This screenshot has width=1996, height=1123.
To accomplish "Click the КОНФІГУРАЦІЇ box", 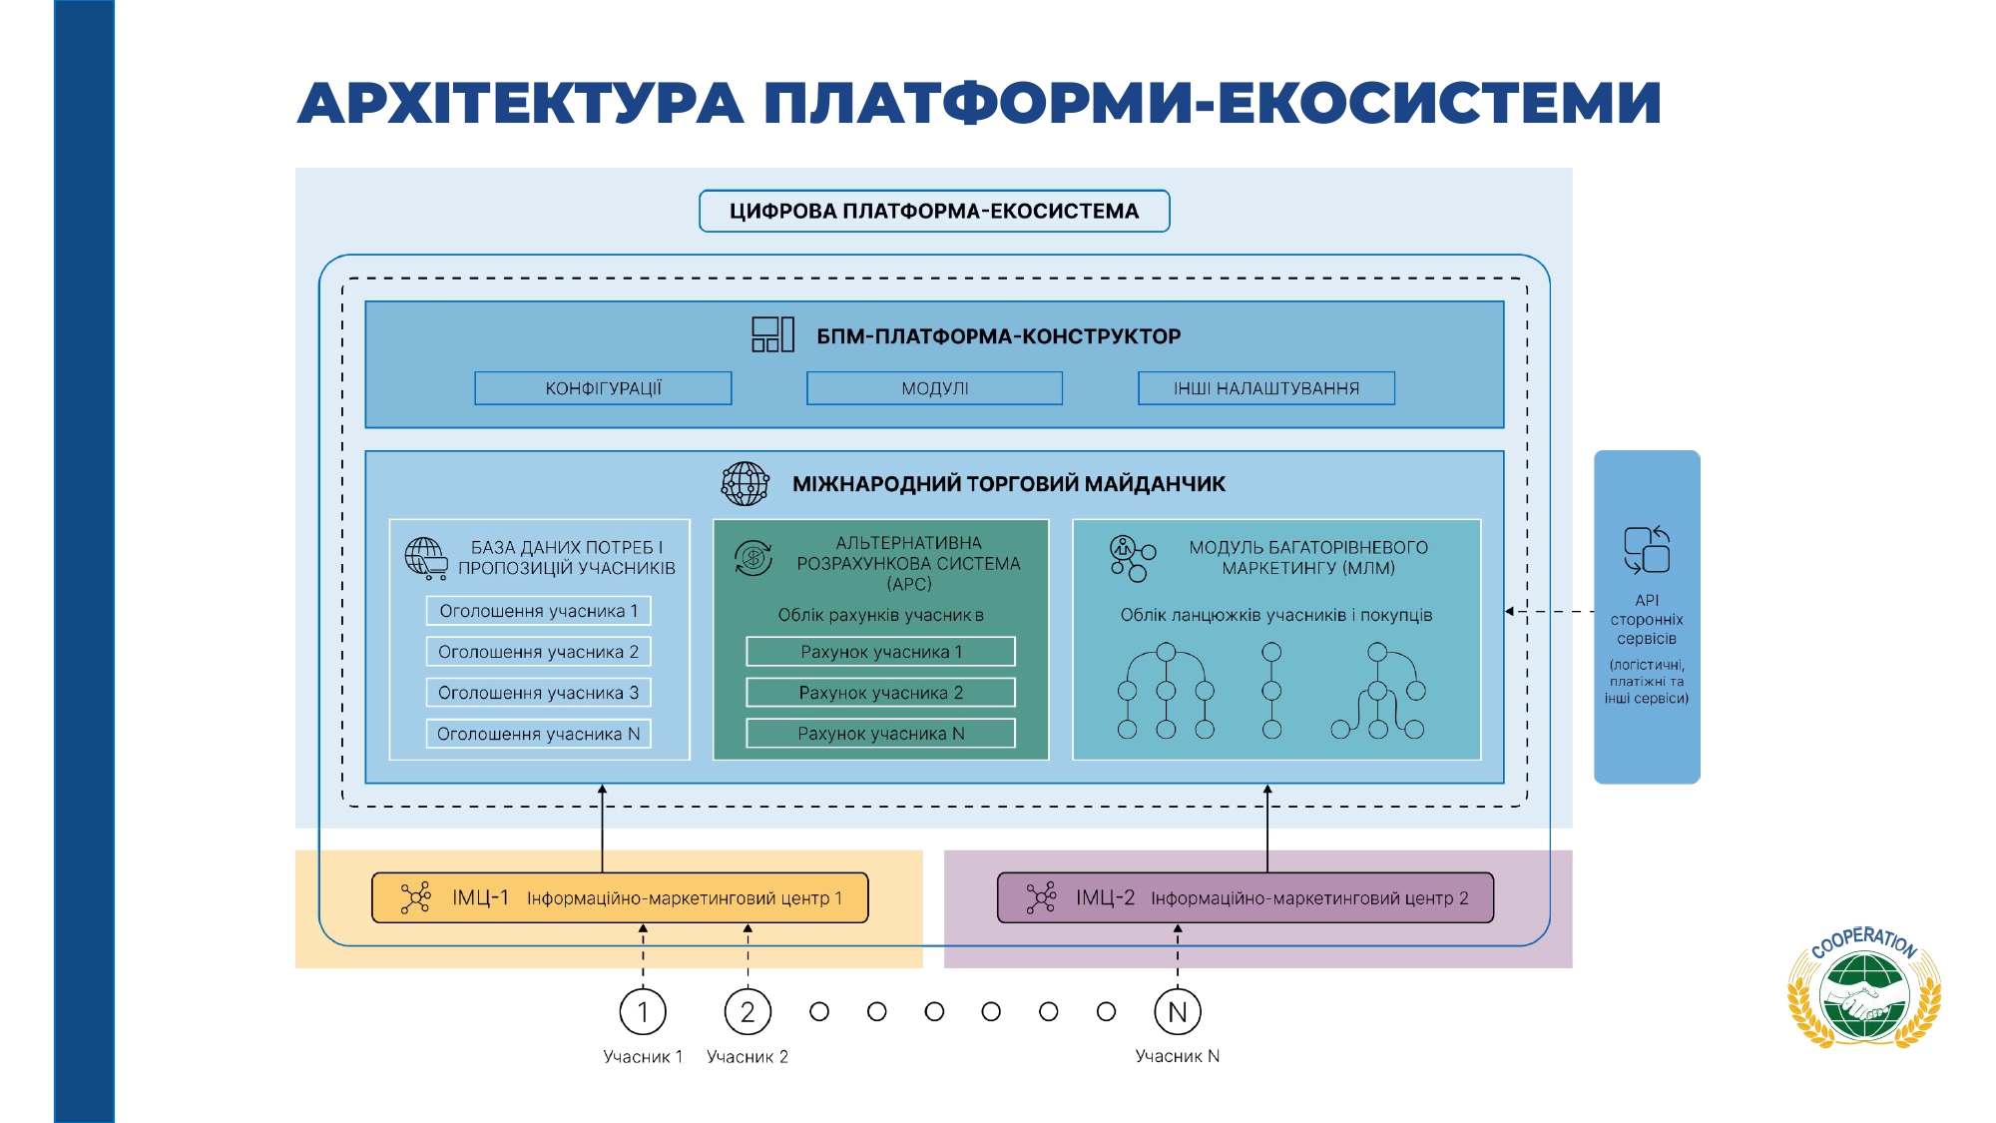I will (603, 388).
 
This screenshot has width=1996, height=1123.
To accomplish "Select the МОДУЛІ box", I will (934, 388).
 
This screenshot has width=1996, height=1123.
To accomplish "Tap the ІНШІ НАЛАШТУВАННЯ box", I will (1265, 388).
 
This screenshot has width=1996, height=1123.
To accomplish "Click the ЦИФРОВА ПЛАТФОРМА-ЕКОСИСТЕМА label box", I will (934, 212).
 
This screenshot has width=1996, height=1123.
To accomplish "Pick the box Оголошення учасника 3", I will (538, 693).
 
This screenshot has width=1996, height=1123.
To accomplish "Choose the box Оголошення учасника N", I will (538, 734).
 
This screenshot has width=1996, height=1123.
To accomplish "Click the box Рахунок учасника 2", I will (880, 693).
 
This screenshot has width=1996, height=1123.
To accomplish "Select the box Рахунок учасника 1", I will (880, 652).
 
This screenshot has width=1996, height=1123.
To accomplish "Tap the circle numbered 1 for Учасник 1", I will (643, 1012).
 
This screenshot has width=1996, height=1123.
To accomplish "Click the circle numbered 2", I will (748, 1012).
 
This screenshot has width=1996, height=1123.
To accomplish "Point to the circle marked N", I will (1178, 1012).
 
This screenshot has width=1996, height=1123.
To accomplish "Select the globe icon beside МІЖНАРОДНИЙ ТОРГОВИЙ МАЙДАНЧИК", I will (746, 484).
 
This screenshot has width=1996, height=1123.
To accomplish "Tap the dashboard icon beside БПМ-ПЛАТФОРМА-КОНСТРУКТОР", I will (772, 334).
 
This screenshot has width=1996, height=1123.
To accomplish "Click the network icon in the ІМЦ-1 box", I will (415, 897).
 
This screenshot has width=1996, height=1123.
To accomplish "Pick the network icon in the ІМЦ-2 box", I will (1041, 897).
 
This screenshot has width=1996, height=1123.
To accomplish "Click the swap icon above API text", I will (1647, 550).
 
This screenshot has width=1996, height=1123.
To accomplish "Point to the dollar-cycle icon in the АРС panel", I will (753, 558).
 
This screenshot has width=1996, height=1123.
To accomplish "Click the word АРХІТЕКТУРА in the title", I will (520, 104).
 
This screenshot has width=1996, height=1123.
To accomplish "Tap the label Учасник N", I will (1178, 1056).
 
